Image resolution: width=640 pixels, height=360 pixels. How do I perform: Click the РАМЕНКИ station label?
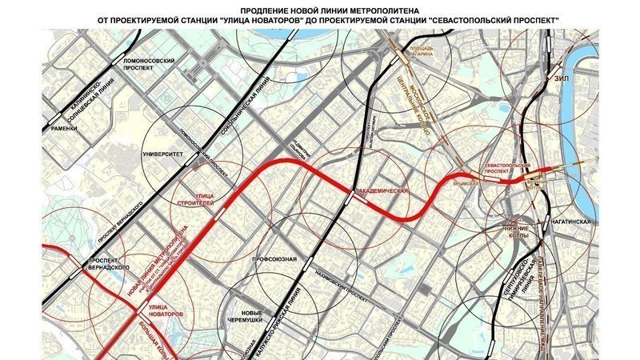click(61, 128)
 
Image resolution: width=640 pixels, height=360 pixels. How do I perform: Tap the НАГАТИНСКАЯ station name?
click(570, 222)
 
